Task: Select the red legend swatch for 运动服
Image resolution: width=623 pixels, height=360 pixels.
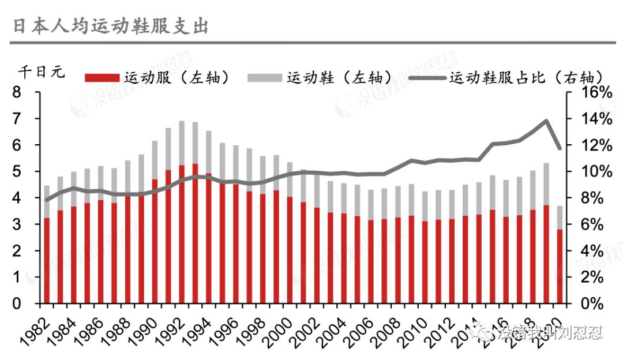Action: [102, 77]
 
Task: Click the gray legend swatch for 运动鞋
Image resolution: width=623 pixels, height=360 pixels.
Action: [265, 77]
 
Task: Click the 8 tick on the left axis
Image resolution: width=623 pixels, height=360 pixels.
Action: [17, 92]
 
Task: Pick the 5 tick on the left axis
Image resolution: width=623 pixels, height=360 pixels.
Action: [17, 172]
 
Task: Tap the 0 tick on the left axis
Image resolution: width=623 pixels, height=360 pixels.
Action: [17, 304]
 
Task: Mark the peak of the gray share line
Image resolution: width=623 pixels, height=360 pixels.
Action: [546, 121]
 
